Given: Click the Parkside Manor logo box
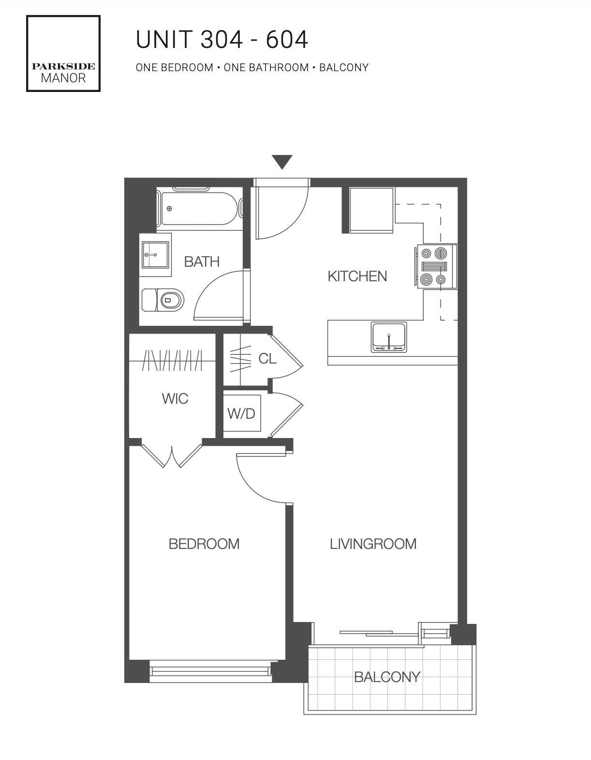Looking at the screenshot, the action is pyautogui.click(x=63, y=54).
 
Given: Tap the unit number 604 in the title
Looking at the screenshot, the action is pyautogui.click(x=287, y=40).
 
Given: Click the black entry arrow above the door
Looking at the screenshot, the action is pyautogui.click(x=282, y=162).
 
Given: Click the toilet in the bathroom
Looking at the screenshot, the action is pyautogui.click(x=163, y=300).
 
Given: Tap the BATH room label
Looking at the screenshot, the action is pyautogui.click(x=202, y=261).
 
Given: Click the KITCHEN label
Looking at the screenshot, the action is pyautogui.click(x=357, y=276).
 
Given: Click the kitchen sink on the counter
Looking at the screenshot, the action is pyautogui.click(x=389, y=337).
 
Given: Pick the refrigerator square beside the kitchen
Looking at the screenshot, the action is pyautogui.click(x=371, y=210).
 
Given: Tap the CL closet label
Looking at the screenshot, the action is pyautogui.click(x=267, y=359).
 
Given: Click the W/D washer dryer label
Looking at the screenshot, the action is pyautogui.click(x=241, y=414).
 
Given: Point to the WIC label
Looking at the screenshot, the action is pyautogui.click(x=175, y=398).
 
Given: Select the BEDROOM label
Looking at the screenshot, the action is pyautogui.click(x=204, y=544).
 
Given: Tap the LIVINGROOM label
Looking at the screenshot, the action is pyautogui.click(x=373, y=544).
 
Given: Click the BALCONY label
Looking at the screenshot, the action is pyautogui.click(x=387, y=677).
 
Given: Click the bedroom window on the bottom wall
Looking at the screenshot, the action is pyautogui.click(x=210, y=671).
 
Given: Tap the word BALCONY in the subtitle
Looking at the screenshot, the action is pyautogui.click(x=344, y=67).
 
